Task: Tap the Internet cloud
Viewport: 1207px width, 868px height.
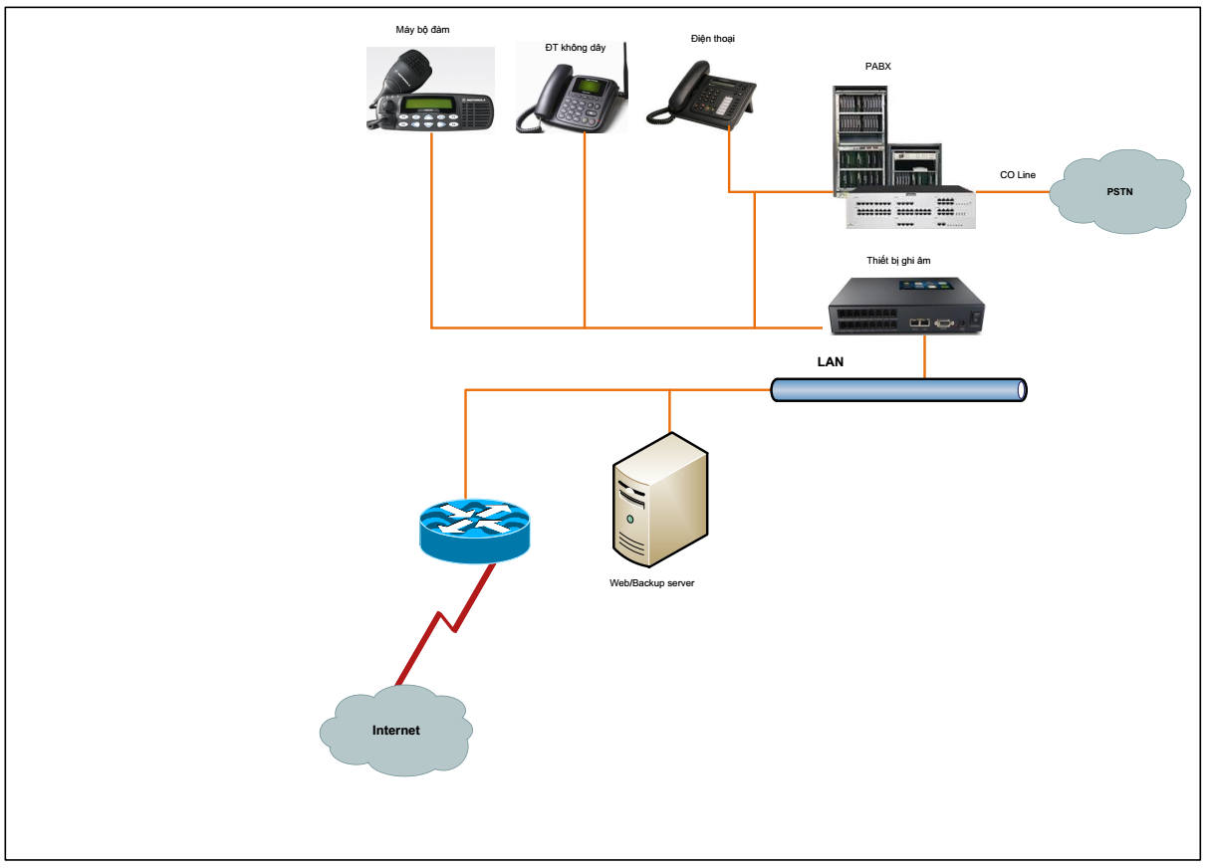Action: click(x=395, y=731)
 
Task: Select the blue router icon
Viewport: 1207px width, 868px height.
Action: click(x=474, y=530)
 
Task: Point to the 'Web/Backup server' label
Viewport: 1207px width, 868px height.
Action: click(x=651, y=583)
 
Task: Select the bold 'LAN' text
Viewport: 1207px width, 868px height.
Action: click(x=830, y=362)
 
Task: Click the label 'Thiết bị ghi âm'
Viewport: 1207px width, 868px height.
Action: click(x=898, y=261)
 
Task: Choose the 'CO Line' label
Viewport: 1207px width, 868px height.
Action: click(x=1017, y=175)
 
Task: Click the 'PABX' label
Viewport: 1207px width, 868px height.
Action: click(x=877, y=67)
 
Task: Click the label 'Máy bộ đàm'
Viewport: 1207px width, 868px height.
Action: click(x=422, y=30)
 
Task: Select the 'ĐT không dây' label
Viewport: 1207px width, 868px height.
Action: click(x=575, y=48)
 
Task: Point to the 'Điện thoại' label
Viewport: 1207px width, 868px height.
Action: click(x=712, y=39)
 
